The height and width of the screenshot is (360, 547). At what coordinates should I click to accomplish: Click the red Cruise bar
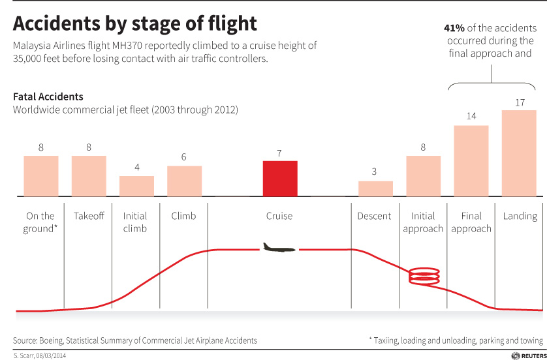pos(280,178)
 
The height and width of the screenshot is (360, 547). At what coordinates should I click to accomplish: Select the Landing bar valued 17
pos(519,153)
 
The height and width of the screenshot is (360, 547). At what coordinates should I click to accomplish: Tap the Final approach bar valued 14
pos(471,160)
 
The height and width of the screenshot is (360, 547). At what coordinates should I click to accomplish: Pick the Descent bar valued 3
pos(375,188)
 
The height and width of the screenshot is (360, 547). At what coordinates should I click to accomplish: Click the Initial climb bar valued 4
pos(136,186)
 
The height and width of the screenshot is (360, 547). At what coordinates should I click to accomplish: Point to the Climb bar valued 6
pos(184,181)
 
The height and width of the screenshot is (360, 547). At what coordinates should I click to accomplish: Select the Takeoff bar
pos(89,176)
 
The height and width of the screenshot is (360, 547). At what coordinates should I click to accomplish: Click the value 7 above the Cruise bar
pos(279,153)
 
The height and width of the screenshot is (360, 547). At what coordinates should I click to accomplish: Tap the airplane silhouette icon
pos(279,248)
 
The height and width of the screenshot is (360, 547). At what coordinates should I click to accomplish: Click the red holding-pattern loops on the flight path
pos(424,276)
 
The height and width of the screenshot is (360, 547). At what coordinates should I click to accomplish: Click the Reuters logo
pos(526,355)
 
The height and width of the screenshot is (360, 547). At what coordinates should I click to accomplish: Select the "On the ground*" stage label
pos(40,222)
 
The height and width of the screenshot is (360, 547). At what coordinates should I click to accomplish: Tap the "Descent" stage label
pos(375,216)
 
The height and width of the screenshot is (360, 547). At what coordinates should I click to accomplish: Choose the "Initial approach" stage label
pos(423,222)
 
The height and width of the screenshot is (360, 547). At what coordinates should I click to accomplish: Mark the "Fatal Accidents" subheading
pos(48,97)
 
